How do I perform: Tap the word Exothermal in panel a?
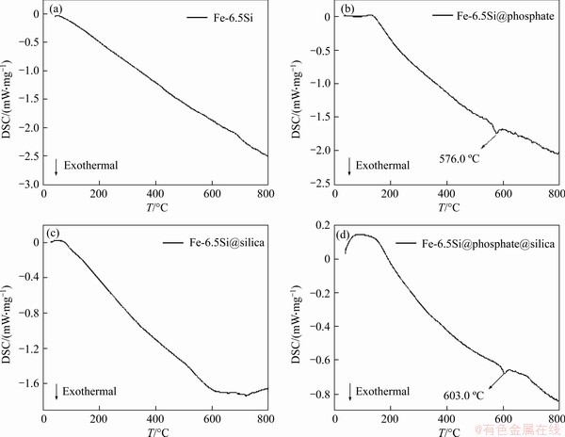[91, 166]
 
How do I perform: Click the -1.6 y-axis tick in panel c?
[26, 384]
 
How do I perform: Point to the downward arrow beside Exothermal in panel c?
[56, 390]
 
